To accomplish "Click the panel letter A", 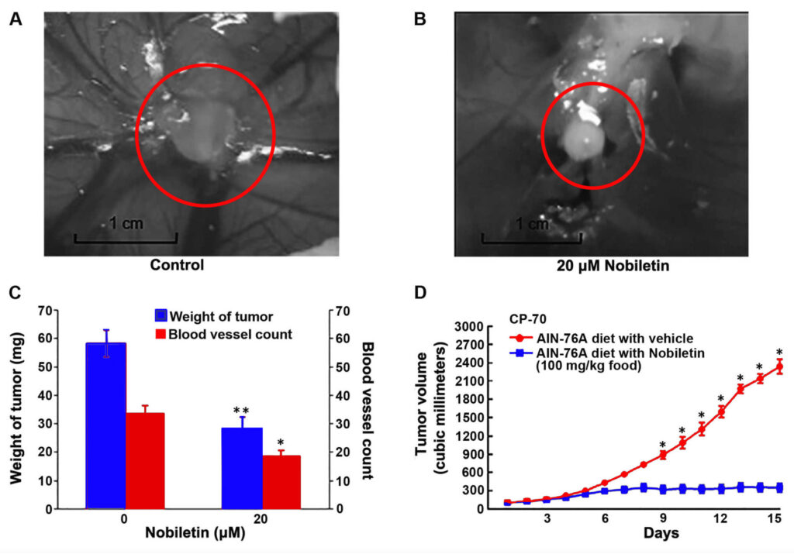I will tap(15, 19).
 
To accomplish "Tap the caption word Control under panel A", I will tap(177, 266).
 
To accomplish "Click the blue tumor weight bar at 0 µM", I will tap(105, 425).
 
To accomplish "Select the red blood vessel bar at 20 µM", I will tap(281, 481).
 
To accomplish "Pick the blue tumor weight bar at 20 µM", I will tap(242, 468).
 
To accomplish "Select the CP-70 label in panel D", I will tap(526, 318).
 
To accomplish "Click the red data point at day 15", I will tap(779, 366).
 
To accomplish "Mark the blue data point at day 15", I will tap(779, 487).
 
